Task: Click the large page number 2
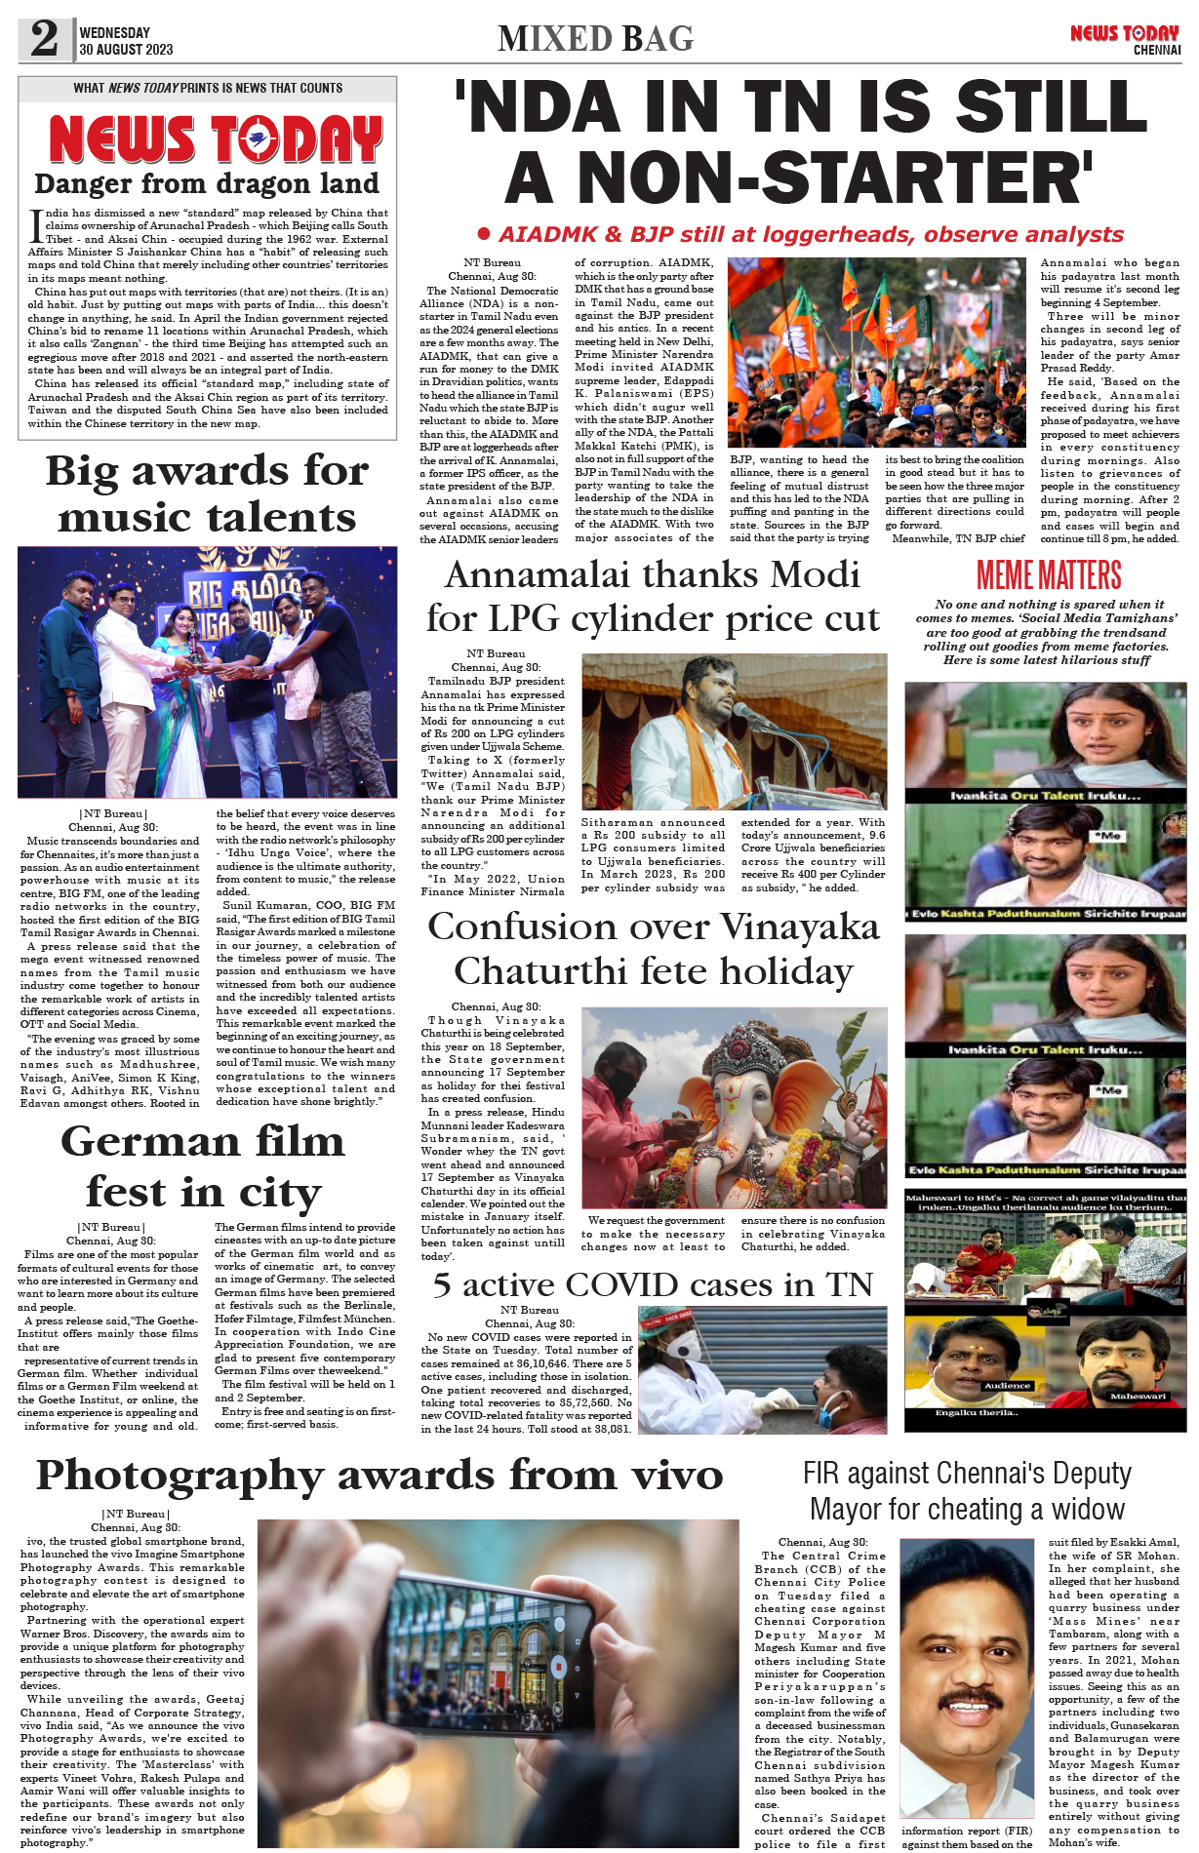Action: click(x=44, y=39)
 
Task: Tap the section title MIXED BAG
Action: click(x=595, y=39)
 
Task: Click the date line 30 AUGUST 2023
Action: click(x=126, y=50)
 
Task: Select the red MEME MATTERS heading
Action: click(x=1049, y=575)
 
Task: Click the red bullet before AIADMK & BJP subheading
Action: click(x=483, y=234)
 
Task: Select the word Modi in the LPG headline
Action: click(x=818, y=575)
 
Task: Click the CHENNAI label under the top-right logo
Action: click(x=1156, y=50)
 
